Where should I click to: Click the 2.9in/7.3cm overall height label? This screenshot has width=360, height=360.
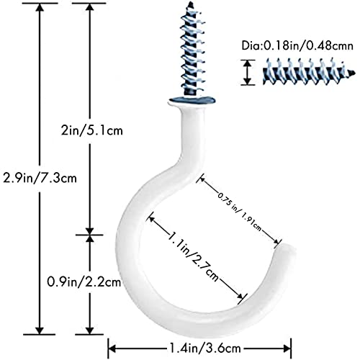point(40,179)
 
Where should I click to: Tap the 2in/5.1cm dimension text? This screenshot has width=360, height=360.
point(91,131)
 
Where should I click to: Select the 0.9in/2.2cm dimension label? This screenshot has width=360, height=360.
point(84,282)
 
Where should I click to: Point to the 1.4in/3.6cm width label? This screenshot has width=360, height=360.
point(204,348)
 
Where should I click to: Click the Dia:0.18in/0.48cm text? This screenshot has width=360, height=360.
point(297,45)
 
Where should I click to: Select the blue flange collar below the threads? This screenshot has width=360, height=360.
point(192,100)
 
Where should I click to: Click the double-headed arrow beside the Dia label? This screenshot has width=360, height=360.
point(248,72)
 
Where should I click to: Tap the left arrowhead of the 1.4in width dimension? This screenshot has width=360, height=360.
point(112,348)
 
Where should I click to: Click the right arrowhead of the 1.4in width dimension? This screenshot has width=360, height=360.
point(287,348)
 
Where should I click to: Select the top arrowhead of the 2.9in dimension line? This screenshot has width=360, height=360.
point(40,7)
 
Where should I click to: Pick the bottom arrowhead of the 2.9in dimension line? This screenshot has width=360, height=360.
point(40,330)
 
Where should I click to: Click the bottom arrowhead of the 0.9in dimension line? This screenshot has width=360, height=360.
point(89,330)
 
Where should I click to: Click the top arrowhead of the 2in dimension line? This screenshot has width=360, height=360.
point(89,7)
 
